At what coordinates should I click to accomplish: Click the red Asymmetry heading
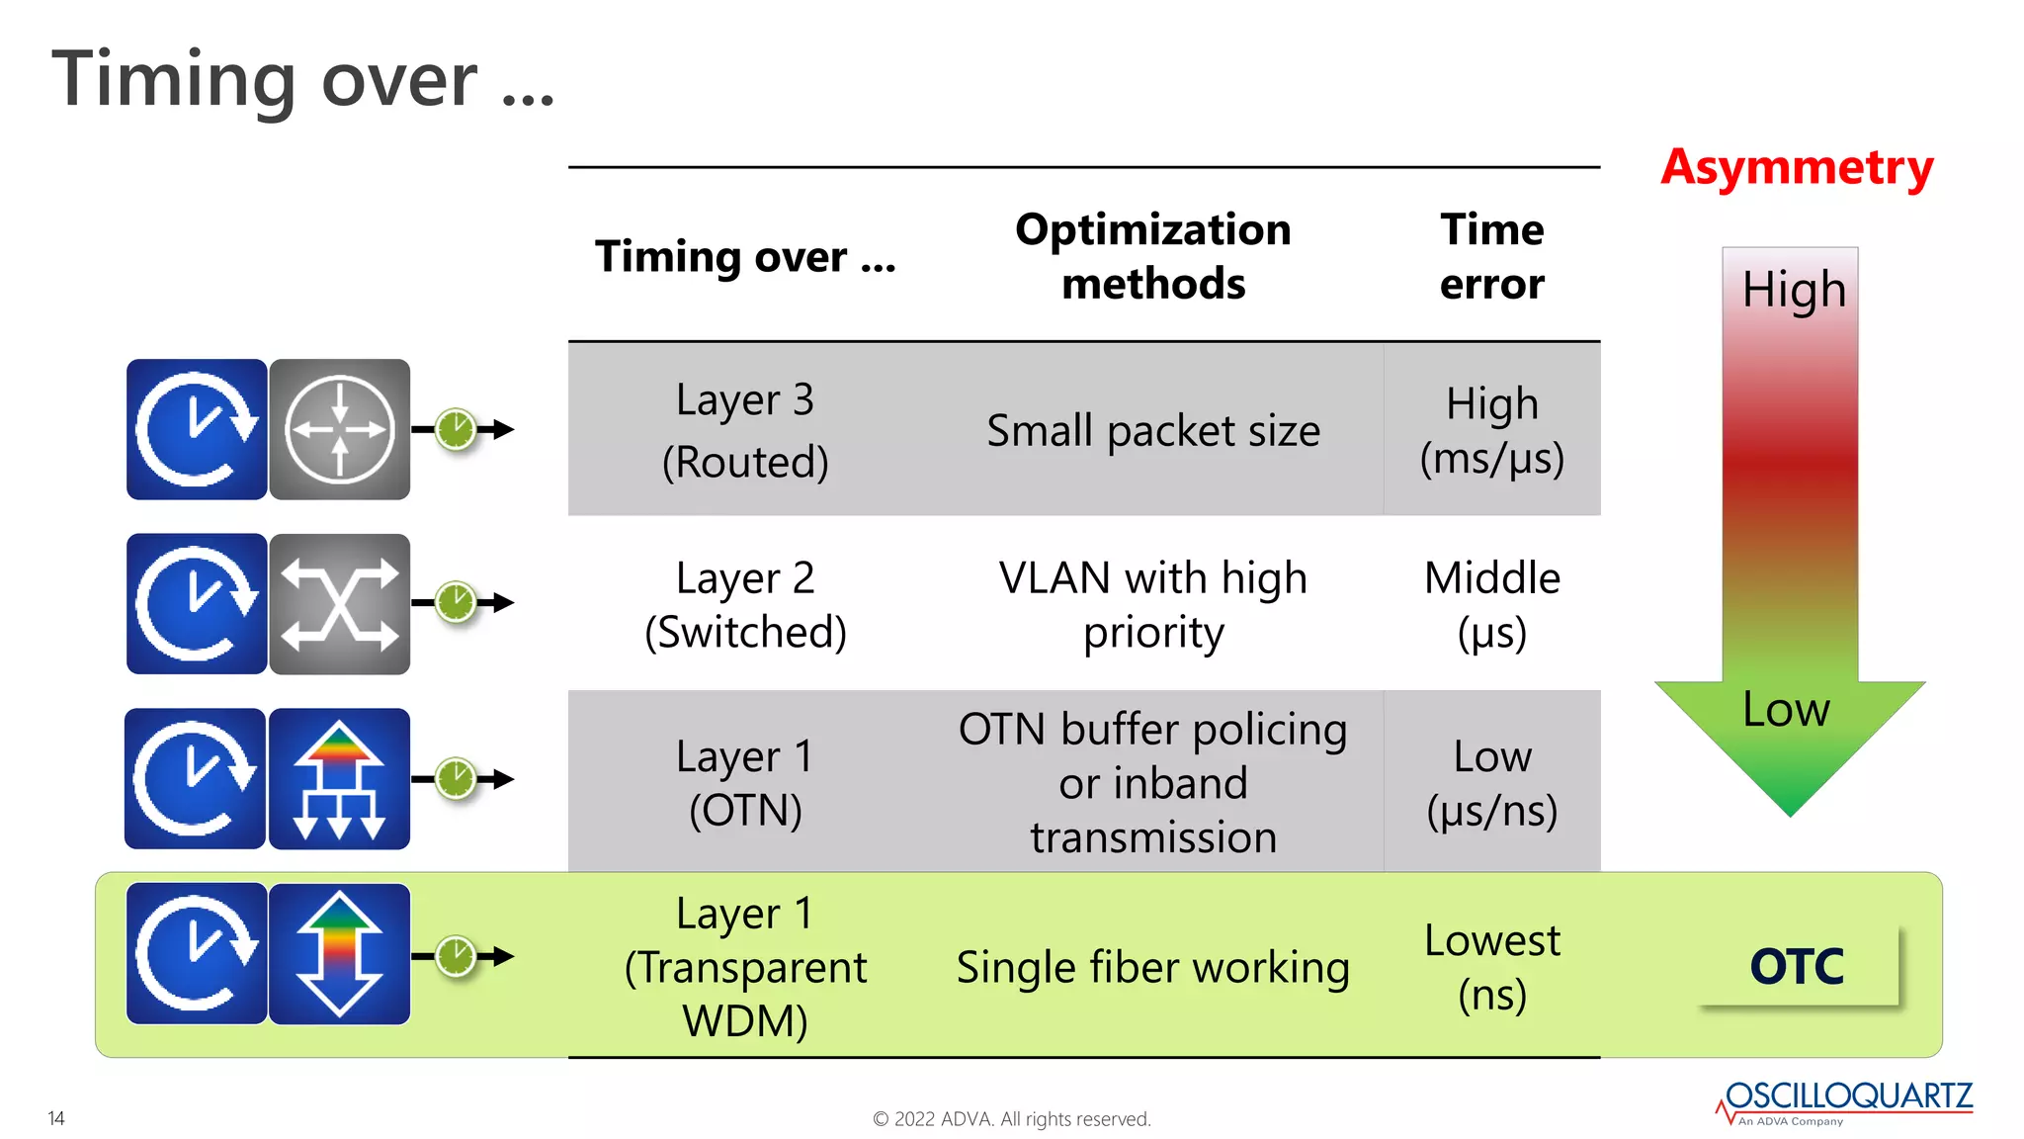point(1796,167)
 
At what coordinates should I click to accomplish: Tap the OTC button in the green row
point(1797,966)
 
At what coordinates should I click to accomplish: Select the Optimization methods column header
point(1152,256)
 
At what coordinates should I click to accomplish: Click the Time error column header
point(1491,256)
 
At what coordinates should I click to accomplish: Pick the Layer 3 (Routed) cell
point(745,430)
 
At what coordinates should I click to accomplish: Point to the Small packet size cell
point(1152,431)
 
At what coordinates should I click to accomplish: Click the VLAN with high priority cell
point(1152,604)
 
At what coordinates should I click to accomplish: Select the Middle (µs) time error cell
point(1491,604)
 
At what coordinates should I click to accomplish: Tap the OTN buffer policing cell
point(1152,782)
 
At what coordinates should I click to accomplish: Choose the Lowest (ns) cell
point(1491,966)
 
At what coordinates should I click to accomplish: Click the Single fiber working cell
point(1152,967)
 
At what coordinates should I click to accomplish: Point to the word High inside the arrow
point(1793,290)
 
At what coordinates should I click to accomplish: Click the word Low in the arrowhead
point(1786,709)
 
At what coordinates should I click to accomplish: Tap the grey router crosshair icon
point(339,429)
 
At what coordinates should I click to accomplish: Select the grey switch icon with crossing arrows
point(339,604)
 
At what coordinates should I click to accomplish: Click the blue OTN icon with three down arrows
point(339,779)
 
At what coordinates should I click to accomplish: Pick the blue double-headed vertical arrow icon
point(339,954)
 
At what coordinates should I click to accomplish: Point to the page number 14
point(56,1118)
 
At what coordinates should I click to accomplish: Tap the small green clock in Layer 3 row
point(457,429)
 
